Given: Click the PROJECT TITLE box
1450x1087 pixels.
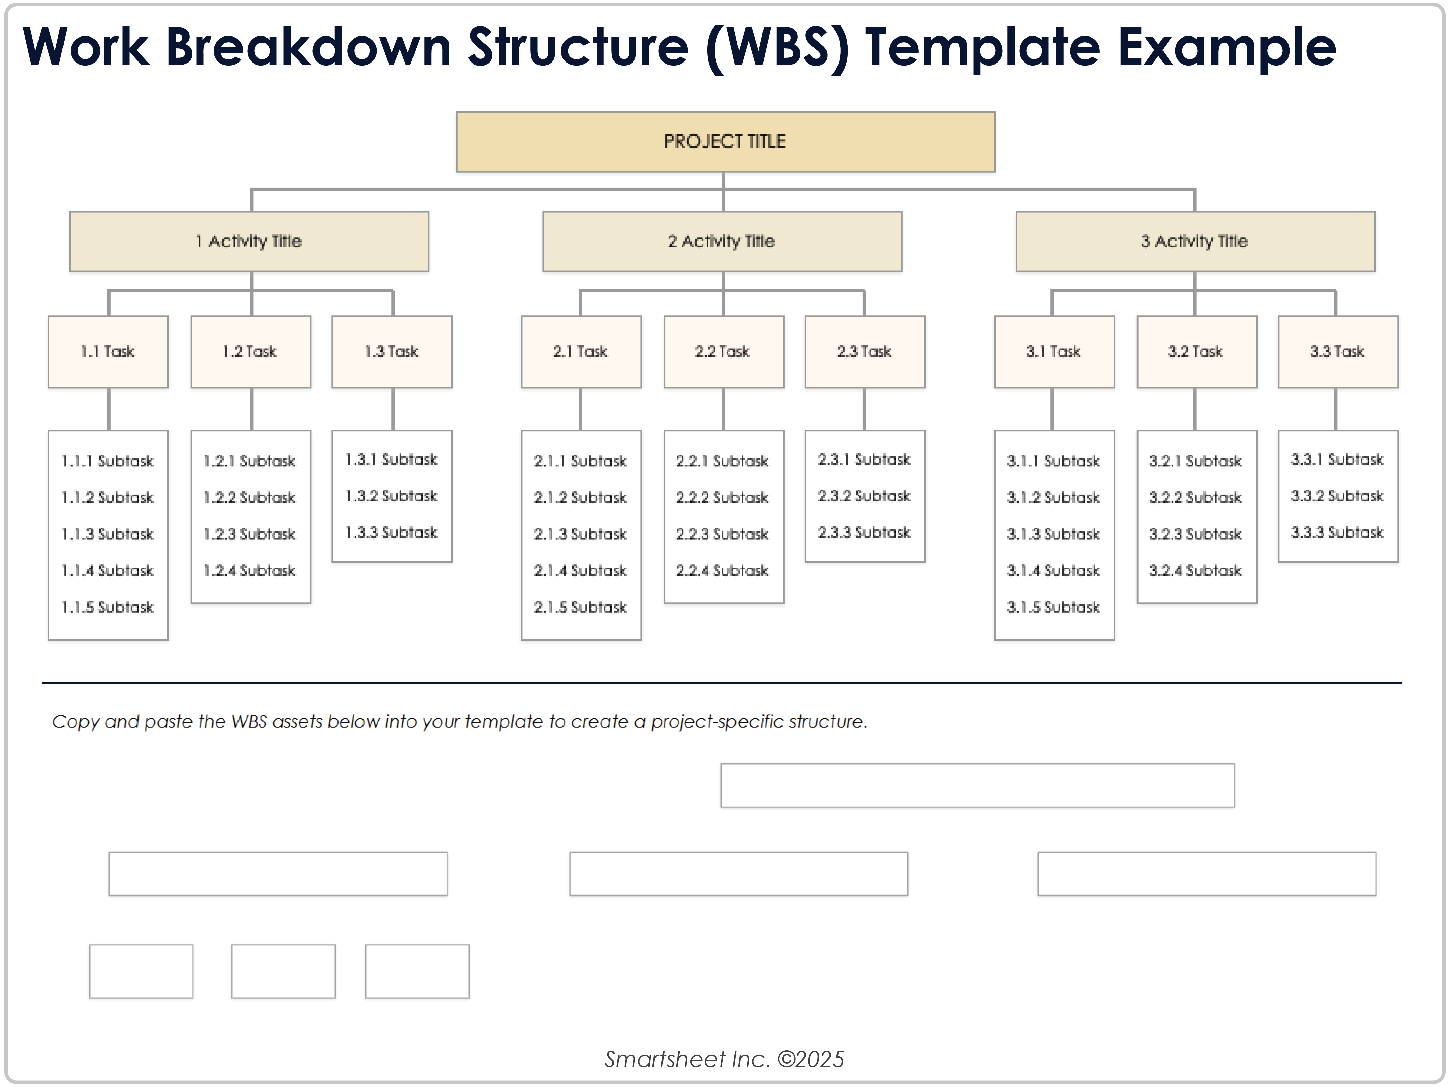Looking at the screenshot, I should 725,142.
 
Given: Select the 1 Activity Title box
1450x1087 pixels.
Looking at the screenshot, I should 249,241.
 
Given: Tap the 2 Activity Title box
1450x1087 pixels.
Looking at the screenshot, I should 722,241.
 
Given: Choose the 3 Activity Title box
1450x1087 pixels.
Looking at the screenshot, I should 1194,241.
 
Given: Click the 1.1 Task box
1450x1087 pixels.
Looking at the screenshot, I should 108,351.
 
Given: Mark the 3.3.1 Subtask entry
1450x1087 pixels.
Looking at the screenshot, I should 1337,459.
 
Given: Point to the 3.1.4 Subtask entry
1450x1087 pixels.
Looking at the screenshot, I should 1053,570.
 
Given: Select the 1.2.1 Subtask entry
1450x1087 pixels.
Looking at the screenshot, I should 250,461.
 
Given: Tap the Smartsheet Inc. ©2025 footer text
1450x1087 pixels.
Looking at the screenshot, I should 724,1059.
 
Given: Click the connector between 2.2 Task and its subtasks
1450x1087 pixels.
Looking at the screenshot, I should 723,409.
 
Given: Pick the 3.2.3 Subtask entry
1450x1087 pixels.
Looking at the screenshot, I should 1196,534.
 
